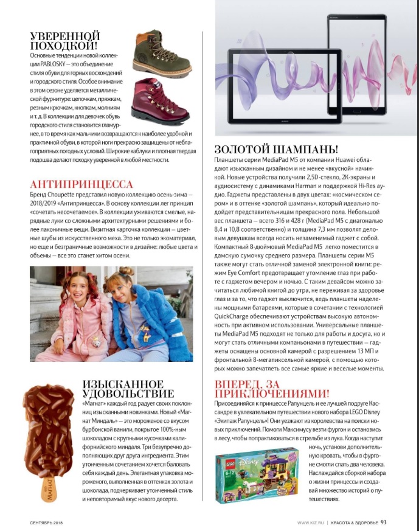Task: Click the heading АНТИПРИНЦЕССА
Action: (81, 184)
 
